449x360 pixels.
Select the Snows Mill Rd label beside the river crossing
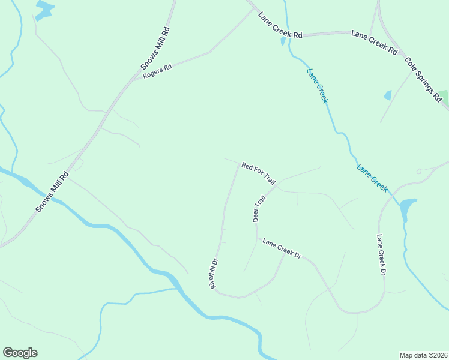52,191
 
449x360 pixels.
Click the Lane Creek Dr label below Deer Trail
282,248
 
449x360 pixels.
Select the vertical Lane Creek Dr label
380,254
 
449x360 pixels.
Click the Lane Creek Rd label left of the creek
280,25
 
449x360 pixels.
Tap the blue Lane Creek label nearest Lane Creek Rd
317,86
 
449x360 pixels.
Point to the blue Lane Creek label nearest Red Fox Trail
372,178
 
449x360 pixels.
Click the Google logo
20,353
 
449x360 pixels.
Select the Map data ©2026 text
423,355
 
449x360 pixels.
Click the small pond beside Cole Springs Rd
388,95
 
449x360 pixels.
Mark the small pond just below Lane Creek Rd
283,41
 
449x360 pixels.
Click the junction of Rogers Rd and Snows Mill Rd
133,79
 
